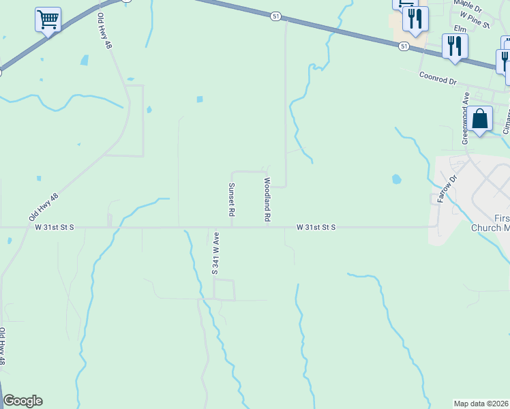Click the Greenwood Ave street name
pyautogui.click(x=466, y=118)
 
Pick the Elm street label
pyautogui.click(x=460, y=29)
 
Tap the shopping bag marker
pyautogui.click(x=480, y=119)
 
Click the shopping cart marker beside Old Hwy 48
pyautogui.click(x=48, y=20)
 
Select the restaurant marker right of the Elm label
pyautogui.click(x=454, y=46)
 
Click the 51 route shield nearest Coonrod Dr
pyautogui.click(x=404, y=46)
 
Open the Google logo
pyautogui.click(x=22, y=401)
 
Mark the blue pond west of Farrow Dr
pyautogui.click(x=396, y=181)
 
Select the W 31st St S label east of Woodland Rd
pyautogui.click(x=316, y=227)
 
